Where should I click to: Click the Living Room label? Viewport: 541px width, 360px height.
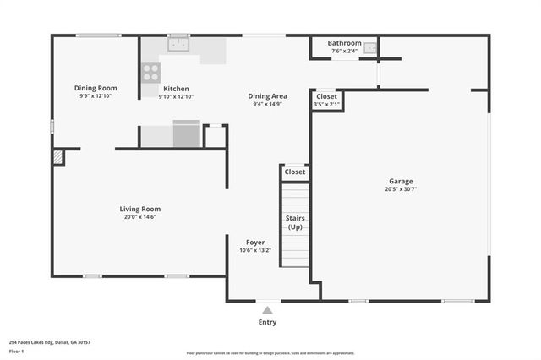point(139,209)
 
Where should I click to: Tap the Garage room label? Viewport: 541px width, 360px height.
point(401,181)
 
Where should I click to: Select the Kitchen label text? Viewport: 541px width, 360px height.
point(176,89)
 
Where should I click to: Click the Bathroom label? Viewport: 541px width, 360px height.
point(344,43)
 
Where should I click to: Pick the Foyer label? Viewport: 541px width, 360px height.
point(255,242)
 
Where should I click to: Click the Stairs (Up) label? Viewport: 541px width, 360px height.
point(295,222)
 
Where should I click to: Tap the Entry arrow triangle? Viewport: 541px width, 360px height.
point(267,310)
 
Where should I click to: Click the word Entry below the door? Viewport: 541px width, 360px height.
point(267,322)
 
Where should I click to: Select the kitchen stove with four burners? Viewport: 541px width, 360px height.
point(150,72)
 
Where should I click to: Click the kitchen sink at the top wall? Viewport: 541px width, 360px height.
point(178,44)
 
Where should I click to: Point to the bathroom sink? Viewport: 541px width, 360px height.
point(370,49)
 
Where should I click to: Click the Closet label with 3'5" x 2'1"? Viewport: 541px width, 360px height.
point(326,97)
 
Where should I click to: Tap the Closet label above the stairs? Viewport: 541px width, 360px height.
point(295,172)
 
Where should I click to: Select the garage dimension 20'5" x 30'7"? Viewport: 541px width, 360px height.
point(401,189)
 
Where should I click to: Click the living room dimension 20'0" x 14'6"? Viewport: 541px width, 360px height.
point(139,217)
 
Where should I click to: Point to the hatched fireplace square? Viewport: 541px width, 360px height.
point(58,157)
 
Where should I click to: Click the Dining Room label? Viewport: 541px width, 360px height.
point(96,88)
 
